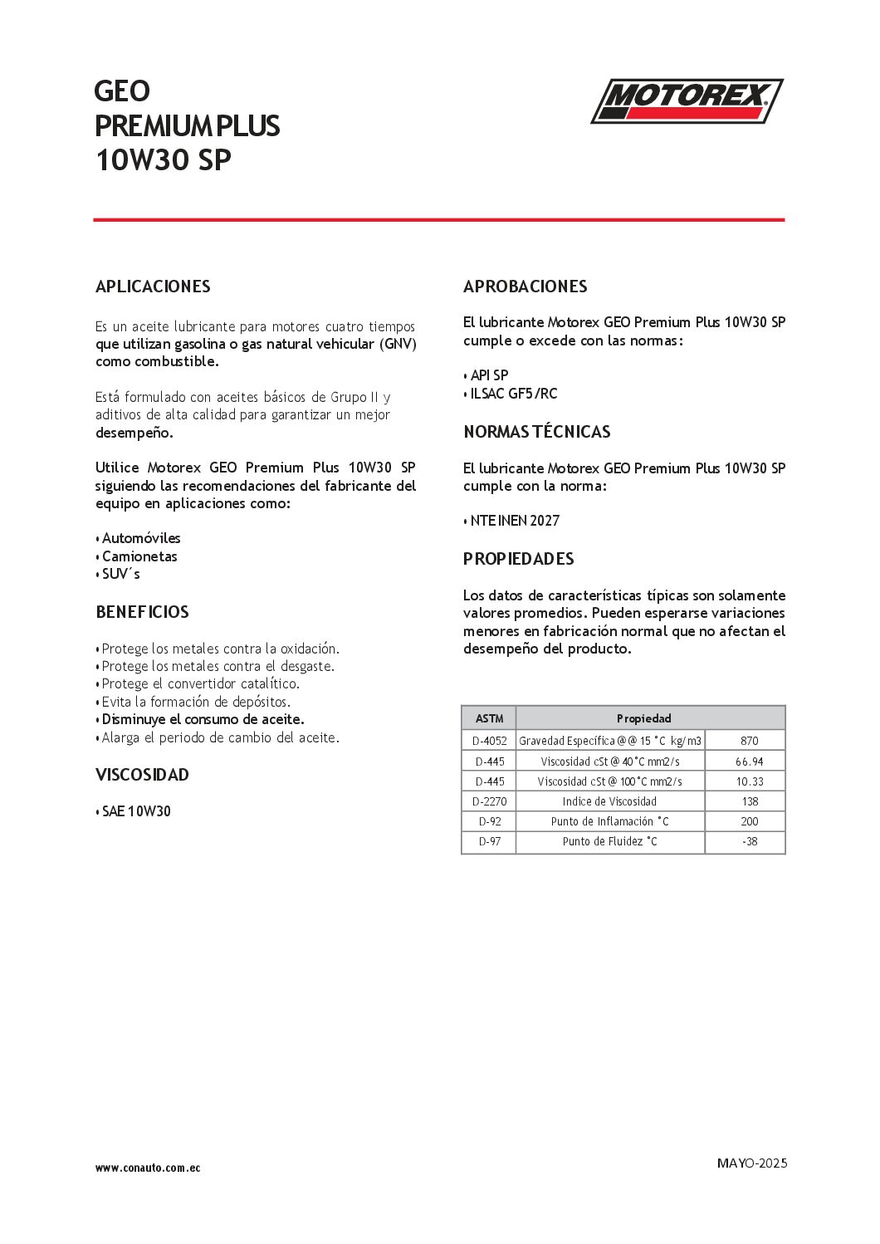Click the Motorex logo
(x=687, y=101)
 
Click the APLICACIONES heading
(x=153, y=287)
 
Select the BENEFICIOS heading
(x=142, y=612)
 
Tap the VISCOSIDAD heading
(x=142, y=775)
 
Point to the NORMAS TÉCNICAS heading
(x=536, y=432)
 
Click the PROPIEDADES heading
(x=518, y=559)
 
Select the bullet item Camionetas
(x=139, y=556)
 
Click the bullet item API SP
(x=489, y=375)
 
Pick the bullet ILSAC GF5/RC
(x=513, y=394)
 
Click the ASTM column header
(x=489, y=718)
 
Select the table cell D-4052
(x=489, y=741)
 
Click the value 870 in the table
(x=749, y=741)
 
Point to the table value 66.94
(x=749, y=762)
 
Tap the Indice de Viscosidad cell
(x=609, y=801)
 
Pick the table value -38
(x=749, y=841)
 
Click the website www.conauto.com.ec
(x=148, y=1168)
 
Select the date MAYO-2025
(x=751, y=1163)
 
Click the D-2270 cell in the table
(x=489, y=801)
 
